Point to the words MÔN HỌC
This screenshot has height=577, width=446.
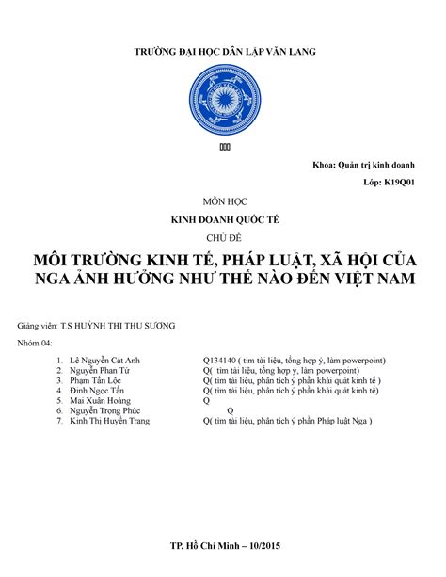[x=223, y=201]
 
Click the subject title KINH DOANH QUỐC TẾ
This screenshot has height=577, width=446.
[x=223, y=218]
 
